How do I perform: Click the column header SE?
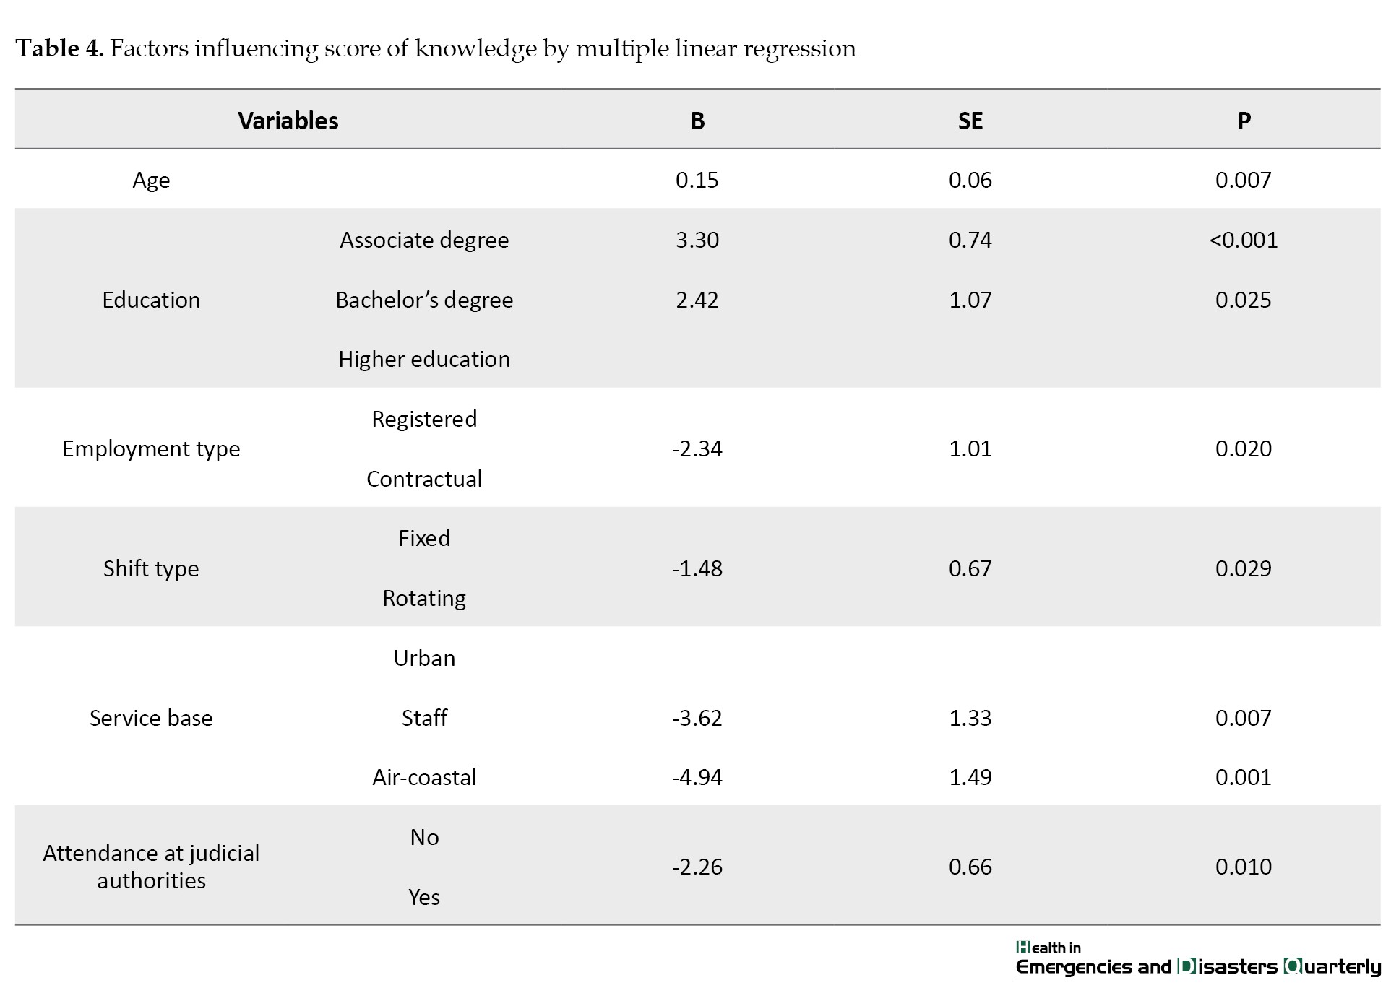coord(970,121)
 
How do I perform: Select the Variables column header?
coord(288,121)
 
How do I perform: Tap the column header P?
coord(1244,121)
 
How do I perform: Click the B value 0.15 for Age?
coord(697,180)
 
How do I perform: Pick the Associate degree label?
coord(424,240)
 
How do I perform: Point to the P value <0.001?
coord(1244,240)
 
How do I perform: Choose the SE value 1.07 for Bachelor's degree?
coord(970,300)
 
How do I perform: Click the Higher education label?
coord(424,359)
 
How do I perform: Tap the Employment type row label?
coord(151,449)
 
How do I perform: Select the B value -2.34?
coord(697,448)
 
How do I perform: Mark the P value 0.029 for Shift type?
coord(1243,568)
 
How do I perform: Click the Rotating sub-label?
coord(424,599)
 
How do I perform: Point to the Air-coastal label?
coord(424,777)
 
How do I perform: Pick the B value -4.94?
coord(697,777)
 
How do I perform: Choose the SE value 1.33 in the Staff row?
coord(970,718)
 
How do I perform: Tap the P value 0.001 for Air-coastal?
coord(1243,777)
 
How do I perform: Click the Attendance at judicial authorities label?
coord(151,867)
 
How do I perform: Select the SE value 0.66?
coord(970,867)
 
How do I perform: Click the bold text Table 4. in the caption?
coord(60,48)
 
